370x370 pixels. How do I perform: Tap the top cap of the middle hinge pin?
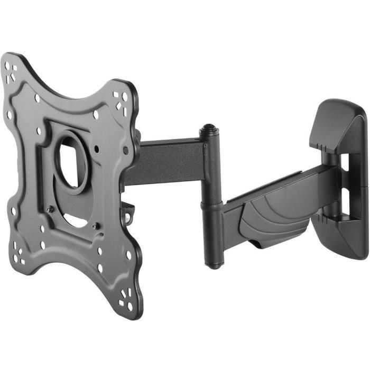pos(208,128)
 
